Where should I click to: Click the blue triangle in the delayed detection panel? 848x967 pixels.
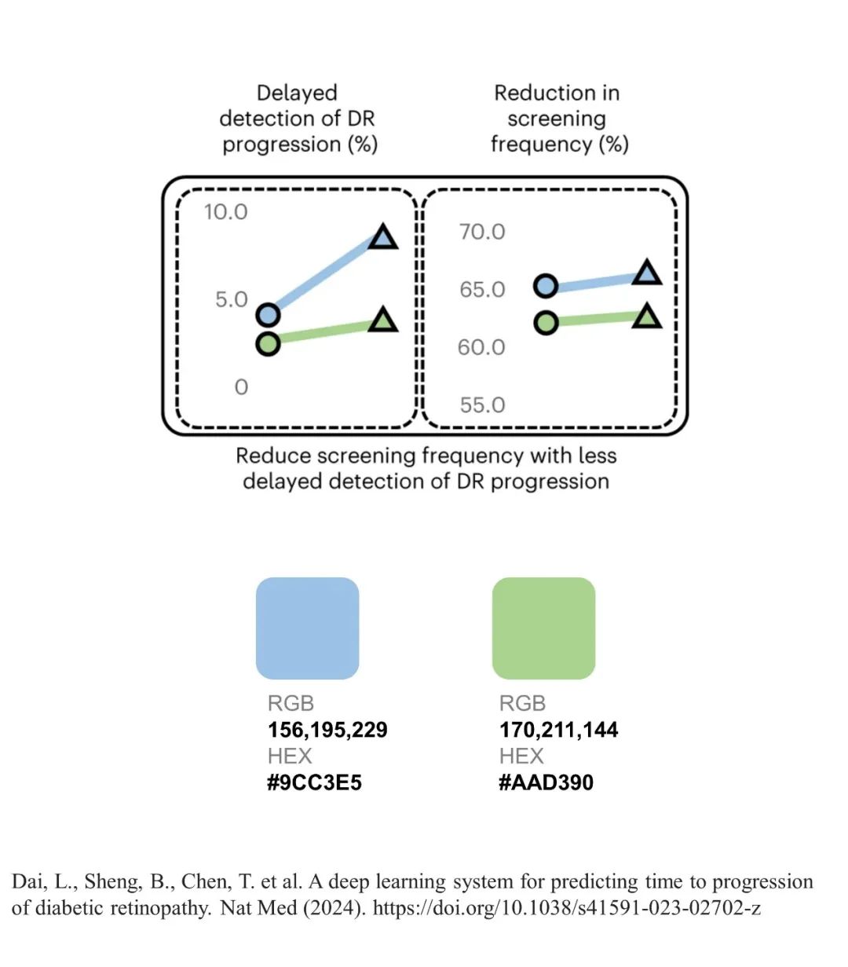pyautogui.click(x=383, y=237)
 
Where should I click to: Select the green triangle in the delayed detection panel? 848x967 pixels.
pyautogui.click(x=383, y=321)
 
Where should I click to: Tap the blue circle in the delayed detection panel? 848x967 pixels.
pyautogui.click(x=269, y=315)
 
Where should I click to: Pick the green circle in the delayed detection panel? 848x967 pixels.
pyautogui.click(x=269, y=344)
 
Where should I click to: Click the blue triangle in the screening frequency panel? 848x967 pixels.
pyautogui.click(x=647, y=273)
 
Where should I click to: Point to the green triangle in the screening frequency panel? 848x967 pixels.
pyautogui.click(x=647, y=317)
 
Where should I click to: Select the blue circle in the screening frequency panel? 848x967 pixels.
pyautogui.click(x=546, y=287)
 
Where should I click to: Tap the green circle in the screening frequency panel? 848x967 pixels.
pyautogui.click(x=546, y=323)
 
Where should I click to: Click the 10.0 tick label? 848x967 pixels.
pyautogui.click(x=225, y=212)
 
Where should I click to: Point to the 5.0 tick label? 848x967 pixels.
pyautogui.click(x=232, y=299)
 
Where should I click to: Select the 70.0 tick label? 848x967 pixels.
pyautogui.click(x=482, y=232)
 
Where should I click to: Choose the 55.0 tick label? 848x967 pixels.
pyautogui.click(x=482, y=405)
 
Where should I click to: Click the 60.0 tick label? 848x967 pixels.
pyautogui.click(x=481, y=347)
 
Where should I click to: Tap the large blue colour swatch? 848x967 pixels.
pyautogui.click(x=308, y=628)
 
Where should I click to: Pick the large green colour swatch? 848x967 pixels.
pyautogui.click(x=543, y=628)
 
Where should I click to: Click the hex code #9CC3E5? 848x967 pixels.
pyautogui.click(x=314, y=782)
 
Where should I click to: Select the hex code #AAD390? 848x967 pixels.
pyautogui.click(x=546, y=782)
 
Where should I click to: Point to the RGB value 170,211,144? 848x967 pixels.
pyautogui.click(x=558, y=730)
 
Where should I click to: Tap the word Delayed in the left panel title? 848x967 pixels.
pyautogui.click(x=297, y=93)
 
